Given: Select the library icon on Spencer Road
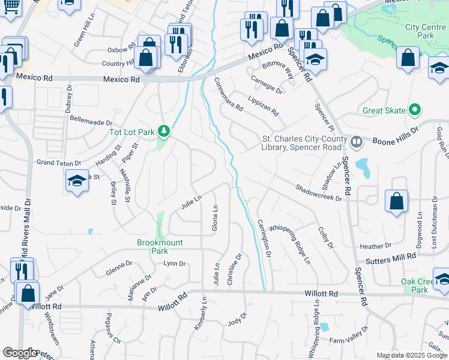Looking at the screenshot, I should [x=357, y=142].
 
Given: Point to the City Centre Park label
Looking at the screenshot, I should [x=420, y=31].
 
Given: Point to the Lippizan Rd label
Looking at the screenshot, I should [x=264, y=104].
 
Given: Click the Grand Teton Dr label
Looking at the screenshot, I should [x=58, y=163].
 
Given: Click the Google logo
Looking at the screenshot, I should [x=20, y=353].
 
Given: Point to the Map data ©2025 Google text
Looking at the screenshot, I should [x=411, y=355].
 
